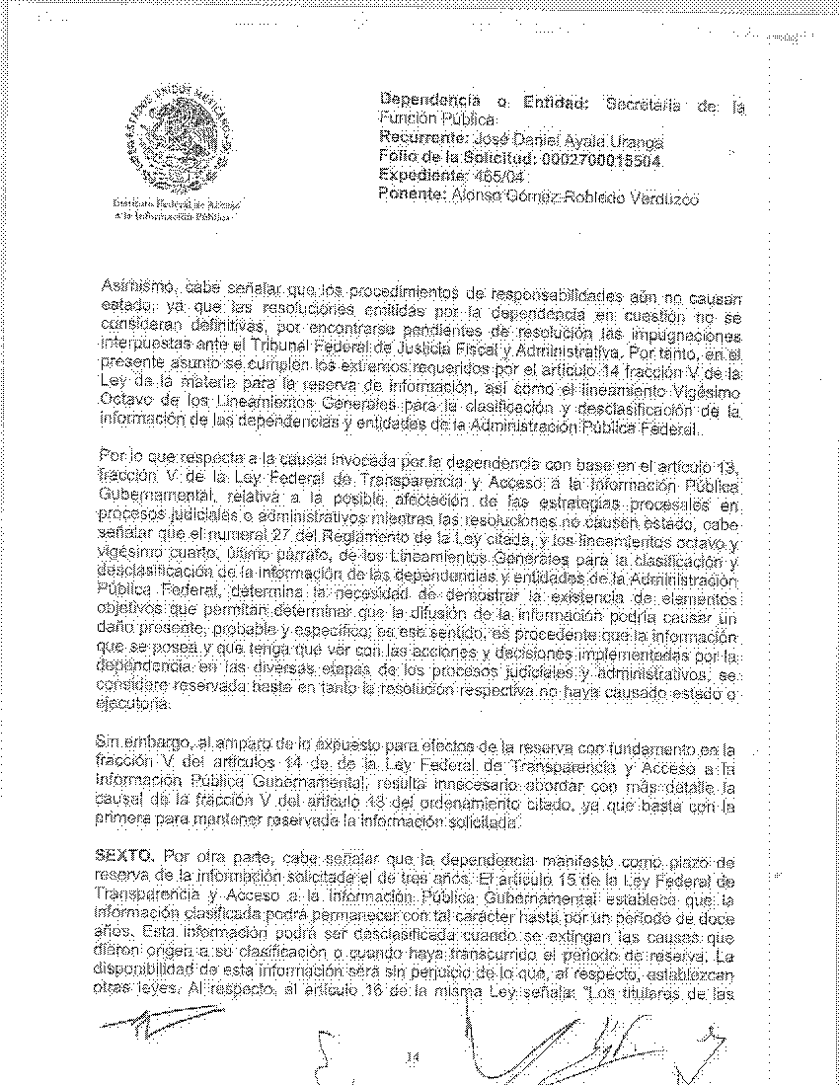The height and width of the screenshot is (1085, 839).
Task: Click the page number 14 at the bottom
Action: click(414, 1058)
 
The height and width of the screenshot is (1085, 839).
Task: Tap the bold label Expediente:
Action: click(420, 177)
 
